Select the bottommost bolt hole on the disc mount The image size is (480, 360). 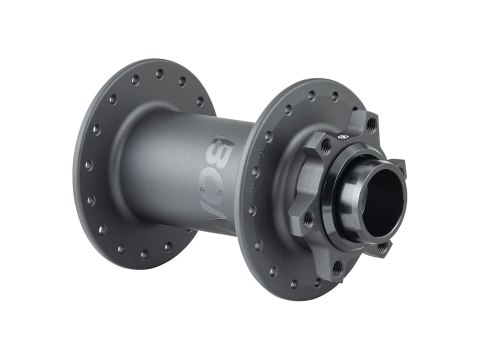[337, 268]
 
